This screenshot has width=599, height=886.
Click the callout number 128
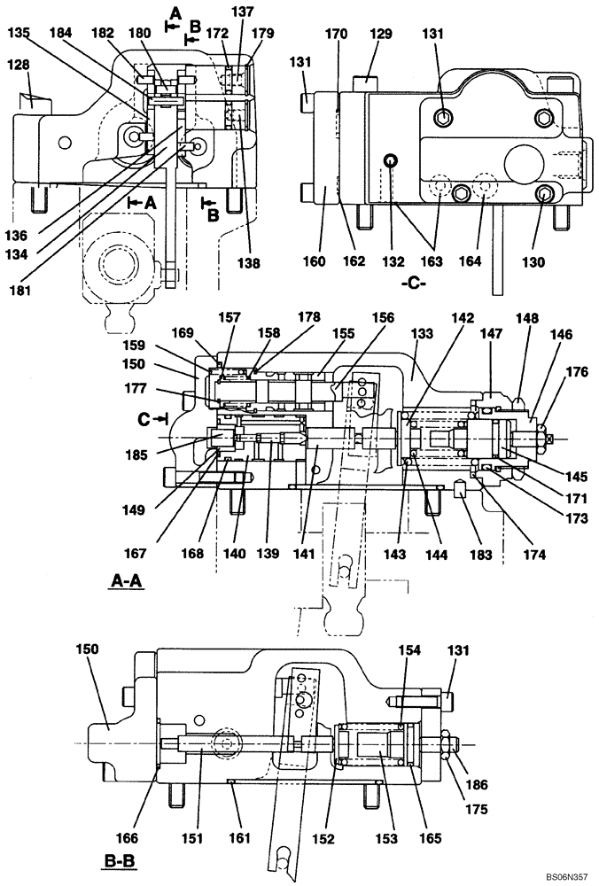tap(19, 65)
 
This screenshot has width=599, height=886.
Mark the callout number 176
tap(577, 372)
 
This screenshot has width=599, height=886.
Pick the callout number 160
tap(315, 263)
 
